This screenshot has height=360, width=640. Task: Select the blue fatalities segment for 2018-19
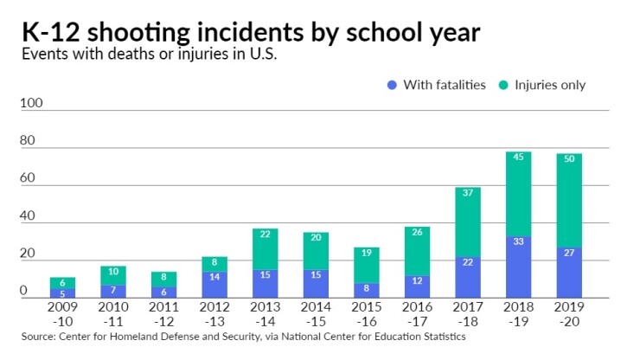coord(518,268)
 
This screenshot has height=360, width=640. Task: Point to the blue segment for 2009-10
coord(62,293)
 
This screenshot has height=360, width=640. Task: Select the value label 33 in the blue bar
coord(518,241)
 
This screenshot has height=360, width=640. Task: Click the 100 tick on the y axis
coord(30,104)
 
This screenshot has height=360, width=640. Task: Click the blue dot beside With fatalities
coord(392,85)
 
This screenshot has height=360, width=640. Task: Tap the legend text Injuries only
coord(550,85)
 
